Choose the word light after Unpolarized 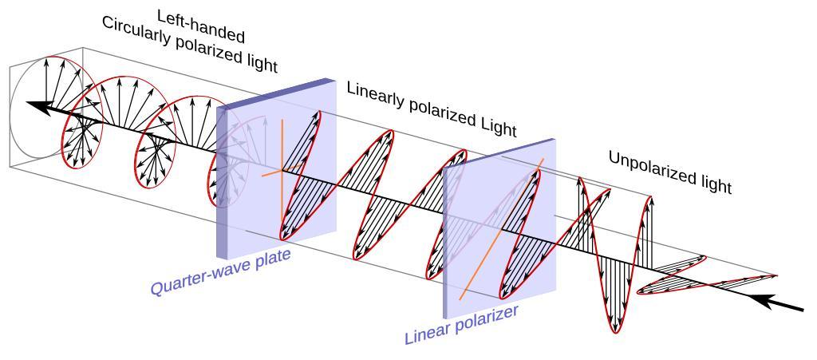coord(712,184)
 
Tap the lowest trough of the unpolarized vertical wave coord(614,329)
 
